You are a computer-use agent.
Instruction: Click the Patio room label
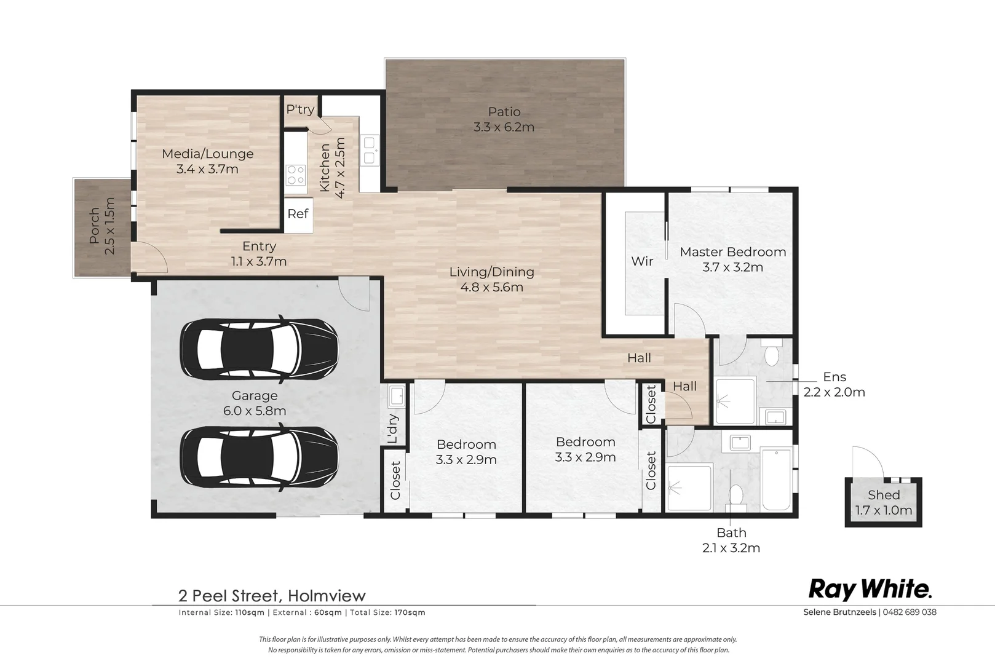point(504,112)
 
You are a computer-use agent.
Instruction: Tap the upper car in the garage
point(259,349)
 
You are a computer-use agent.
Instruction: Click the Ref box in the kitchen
point(298,214)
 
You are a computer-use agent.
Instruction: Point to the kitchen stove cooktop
point(295,175)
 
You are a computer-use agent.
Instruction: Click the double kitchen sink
point(370,151)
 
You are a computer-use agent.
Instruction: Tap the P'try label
point(300,109)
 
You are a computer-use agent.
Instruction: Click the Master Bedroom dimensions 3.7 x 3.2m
point(732,267)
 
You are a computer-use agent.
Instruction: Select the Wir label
point(642,261)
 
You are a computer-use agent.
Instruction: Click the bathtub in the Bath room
point(776,480)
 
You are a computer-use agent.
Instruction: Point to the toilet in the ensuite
point(771,354)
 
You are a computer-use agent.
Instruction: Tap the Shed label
point(884,495)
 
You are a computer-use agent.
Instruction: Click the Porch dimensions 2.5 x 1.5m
point(110,226)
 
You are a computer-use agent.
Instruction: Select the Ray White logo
point(870,589)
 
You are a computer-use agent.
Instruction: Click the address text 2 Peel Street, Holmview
point(272,596)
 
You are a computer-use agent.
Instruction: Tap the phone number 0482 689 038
point(910,612)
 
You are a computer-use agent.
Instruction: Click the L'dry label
point(394,429)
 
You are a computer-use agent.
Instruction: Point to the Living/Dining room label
point(491,272)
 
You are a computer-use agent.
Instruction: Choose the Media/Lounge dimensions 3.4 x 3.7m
point(207,169)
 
